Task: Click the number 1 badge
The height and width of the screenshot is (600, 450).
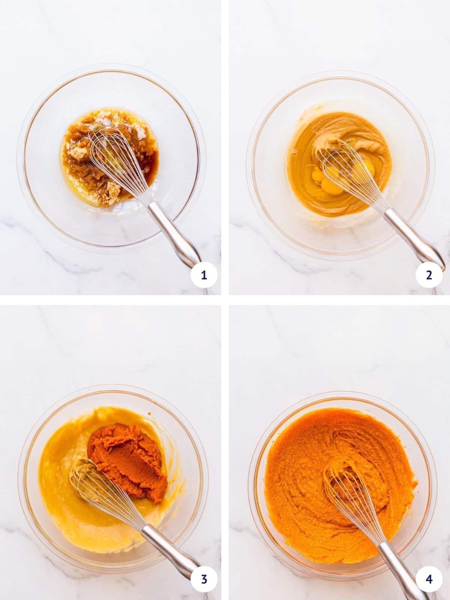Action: (204, 276)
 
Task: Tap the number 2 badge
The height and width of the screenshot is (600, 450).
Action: (429, 276)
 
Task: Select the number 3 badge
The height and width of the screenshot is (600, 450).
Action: (204, 579)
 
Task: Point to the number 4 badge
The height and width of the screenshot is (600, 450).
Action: (429, 579)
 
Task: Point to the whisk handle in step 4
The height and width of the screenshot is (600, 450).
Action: (397, 559)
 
